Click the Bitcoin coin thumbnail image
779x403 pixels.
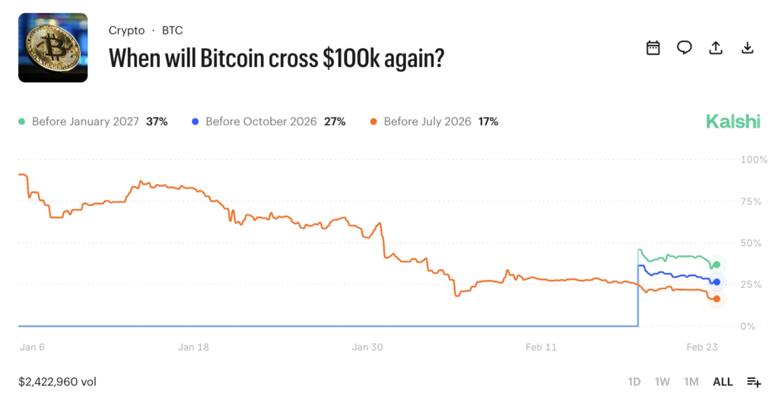pyautogui.click(x=52, y=47)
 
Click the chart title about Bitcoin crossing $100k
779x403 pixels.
pyautogui.click(x=276, y=59)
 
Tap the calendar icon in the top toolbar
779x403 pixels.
pyautogui.click(x=653, y=48)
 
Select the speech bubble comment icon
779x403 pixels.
pyautogui.click(x=684, y=48)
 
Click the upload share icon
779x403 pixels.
pyautogui.click(x=715, y=48)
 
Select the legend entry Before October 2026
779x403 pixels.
pyautogui.click(x=269, y=122)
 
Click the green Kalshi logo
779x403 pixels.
pyautogui.click(x=733, y=122)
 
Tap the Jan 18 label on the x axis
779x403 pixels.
pyautogui.click(x=193, y=347)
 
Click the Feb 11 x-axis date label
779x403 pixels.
pyautogui.click(x=541, y=347)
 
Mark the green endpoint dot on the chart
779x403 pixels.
pyautogui.click(x=716, y=265)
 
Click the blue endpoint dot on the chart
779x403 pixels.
pyautogui.click(x=716, y=282)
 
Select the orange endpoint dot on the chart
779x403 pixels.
pyautogui.click(x=716, y=299)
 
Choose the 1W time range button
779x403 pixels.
pyautogui.click(x=662, y=382)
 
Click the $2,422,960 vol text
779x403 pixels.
pyautogui.click(x=57, y=382)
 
